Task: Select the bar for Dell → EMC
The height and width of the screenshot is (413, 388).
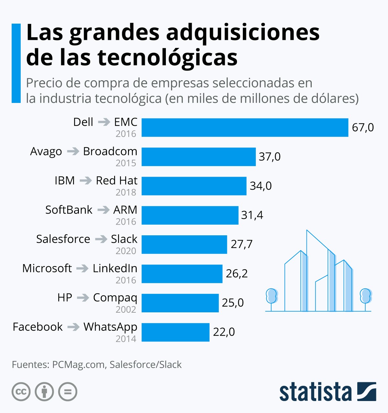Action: (245, 128)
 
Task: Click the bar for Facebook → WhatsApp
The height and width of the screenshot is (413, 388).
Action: (175, 332)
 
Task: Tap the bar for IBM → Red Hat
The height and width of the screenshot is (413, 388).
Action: (194, 186)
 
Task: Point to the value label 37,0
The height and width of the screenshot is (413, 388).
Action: (269, 157)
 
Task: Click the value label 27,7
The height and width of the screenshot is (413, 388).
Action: (242, 244)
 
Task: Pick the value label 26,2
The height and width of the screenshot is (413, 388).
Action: (237, 273)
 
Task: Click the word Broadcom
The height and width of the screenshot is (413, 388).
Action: (110, 151)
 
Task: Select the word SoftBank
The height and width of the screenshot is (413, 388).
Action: (69, 210)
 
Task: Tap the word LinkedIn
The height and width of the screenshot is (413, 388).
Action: (115, 268)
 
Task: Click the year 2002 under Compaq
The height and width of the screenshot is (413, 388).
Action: (126, 309)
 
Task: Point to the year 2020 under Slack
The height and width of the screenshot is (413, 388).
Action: (126, 251)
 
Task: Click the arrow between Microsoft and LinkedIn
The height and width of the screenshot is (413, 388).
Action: (82, 268)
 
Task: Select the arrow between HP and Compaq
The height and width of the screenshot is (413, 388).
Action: (83, 297)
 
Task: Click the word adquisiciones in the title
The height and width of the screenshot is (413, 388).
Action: (242, 33)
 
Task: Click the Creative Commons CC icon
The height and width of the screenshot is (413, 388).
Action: (21, 392)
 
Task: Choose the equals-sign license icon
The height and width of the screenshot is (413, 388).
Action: (68, 392)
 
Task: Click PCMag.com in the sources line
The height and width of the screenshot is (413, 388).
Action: (78, 365)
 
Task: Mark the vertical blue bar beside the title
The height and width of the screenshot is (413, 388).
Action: (16, 63)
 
